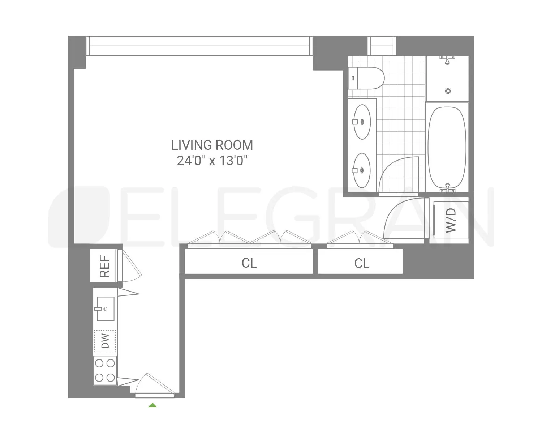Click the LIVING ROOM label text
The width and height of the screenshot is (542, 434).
[212, 145]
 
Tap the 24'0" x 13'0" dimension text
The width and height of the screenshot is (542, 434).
[212, 160]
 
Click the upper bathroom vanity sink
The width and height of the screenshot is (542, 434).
[362, 122]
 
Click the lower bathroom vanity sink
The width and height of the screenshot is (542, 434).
[362, 169]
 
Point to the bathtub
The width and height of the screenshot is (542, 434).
[447, 148]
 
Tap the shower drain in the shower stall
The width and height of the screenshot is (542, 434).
[448, 91]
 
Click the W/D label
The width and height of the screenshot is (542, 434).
[451, 221]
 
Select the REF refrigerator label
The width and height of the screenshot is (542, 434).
[104, 266]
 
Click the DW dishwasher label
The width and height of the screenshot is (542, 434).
[105, 341]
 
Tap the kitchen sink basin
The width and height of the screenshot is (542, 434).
[105, 309]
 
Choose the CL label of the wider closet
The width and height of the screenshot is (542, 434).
[249, 263]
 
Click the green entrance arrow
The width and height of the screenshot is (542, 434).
[152, 405]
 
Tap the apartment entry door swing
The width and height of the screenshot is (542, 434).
[154, 383]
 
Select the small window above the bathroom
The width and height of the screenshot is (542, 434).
[382, 46]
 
